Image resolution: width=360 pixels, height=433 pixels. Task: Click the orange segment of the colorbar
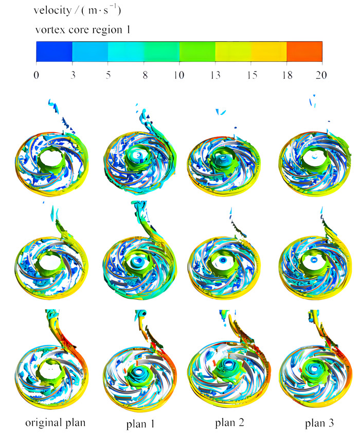click(x=304, y=51)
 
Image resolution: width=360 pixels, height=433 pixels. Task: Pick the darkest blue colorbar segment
click(x=54, y=51)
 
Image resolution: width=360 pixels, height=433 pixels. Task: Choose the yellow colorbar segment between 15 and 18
click(x=268, y=51)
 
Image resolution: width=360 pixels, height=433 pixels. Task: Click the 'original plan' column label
click(x=56, y=423)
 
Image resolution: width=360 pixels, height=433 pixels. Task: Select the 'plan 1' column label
click(x=140, y=424)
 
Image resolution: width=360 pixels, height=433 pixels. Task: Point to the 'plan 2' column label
click(x=229, y=423)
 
